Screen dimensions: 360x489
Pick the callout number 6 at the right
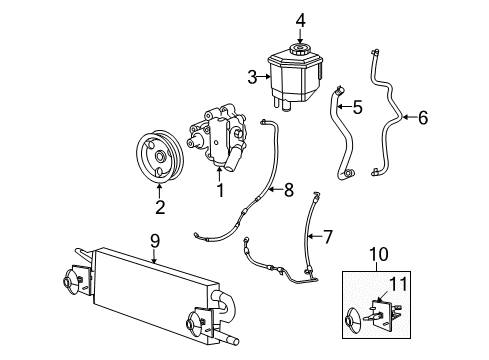(x=422, y=118)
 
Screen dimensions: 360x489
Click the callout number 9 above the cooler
(x=154, y=240)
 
